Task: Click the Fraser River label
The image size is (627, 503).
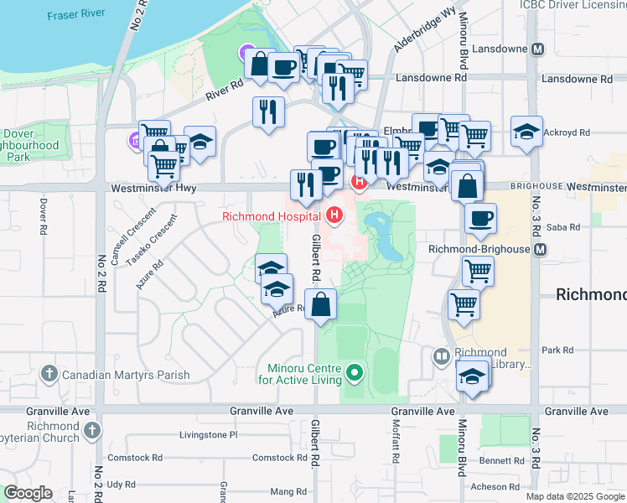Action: (76, 15)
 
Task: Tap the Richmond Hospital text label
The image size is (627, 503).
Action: (273, 216)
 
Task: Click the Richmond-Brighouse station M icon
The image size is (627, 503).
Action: (541, 250)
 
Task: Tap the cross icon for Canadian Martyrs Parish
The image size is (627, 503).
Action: (49, 373)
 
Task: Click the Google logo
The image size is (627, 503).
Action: (28, 493)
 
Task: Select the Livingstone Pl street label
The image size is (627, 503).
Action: (209, 435)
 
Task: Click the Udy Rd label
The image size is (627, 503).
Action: (121, 484)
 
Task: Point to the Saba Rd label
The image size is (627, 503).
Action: (562, 227)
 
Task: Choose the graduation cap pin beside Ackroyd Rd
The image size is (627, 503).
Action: (526, 132)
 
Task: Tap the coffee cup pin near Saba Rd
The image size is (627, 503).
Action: (480, 219)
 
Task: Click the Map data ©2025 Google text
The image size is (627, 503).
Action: (575, 496)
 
